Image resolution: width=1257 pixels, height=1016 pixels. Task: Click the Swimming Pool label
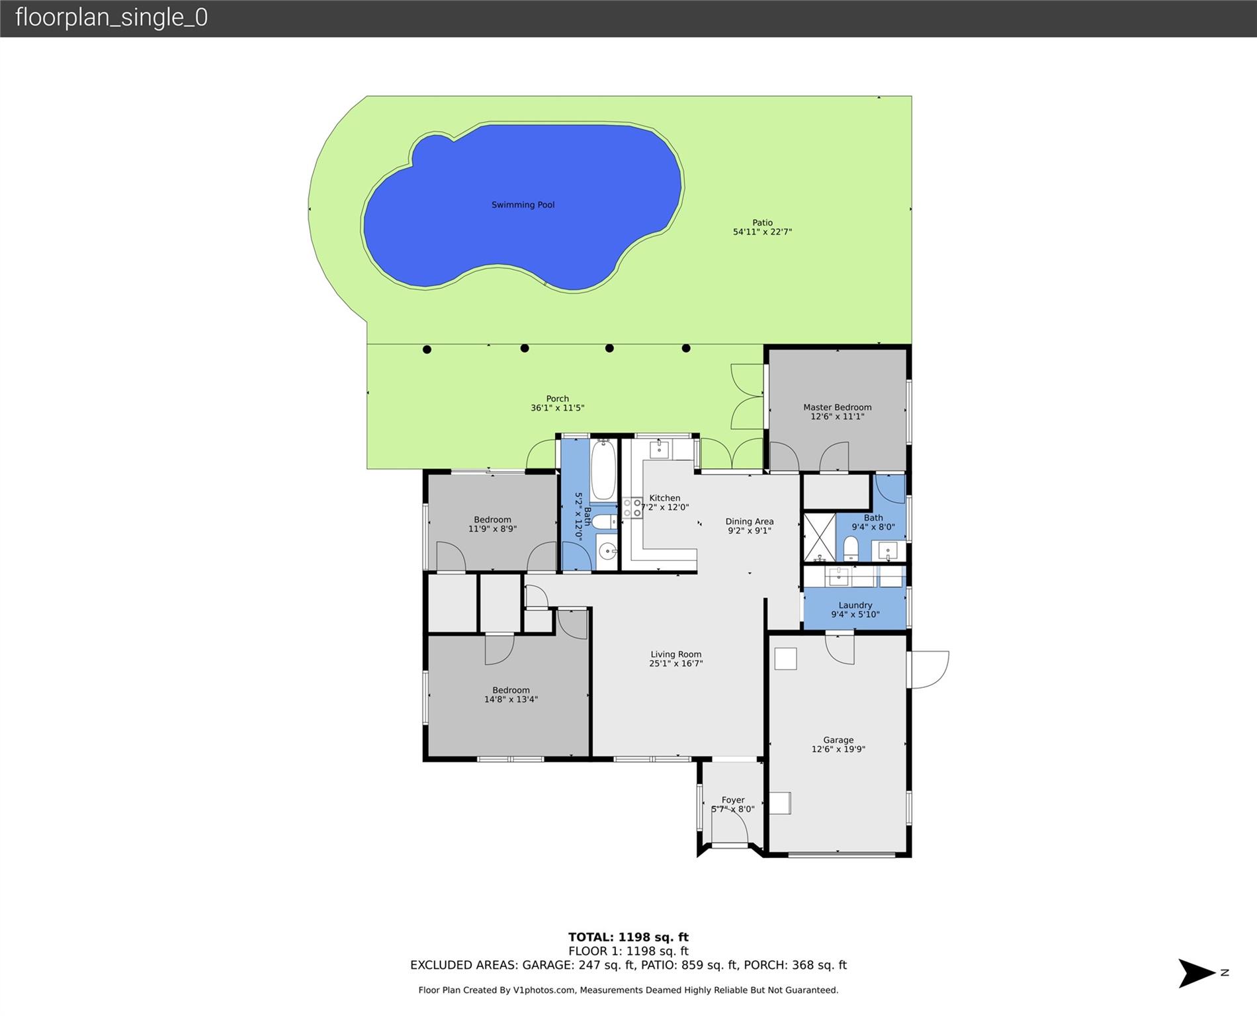(523, 205)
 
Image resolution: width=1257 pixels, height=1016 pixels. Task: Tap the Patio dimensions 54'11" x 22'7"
(762, 232)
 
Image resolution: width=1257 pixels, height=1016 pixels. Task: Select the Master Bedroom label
(837, 407)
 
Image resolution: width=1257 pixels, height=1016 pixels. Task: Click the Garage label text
(838, 740)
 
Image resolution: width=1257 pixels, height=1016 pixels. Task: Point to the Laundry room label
(855, 605)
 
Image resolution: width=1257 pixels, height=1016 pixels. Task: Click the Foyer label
(733, 800)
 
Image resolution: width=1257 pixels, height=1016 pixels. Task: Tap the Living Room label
(675, 654)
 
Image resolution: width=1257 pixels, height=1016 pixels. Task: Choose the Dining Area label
(750, 521)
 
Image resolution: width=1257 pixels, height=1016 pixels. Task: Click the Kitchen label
(665, 498)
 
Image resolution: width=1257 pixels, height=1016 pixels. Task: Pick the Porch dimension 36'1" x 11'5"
(557, 408)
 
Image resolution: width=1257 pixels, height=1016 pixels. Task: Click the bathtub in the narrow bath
(603, 470)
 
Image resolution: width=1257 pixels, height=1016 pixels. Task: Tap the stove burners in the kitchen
(632, 508)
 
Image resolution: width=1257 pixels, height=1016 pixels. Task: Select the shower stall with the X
(820, 537)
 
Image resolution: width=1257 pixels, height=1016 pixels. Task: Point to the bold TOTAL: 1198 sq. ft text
(628, 937)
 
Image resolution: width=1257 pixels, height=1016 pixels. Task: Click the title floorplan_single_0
(111, 17)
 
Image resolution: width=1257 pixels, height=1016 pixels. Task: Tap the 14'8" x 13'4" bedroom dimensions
(511, 699)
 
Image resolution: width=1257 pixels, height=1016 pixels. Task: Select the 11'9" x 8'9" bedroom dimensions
(492, 529)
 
